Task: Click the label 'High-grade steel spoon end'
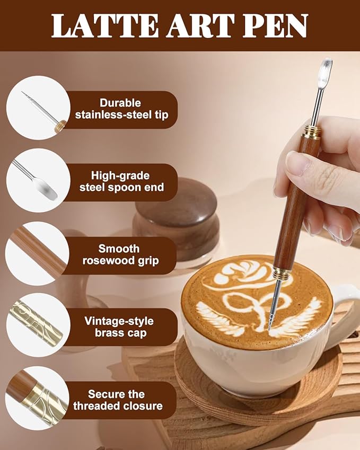coord(121,181)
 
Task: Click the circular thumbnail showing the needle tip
coord(38,108)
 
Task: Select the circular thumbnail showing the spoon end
coord(38,180)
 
